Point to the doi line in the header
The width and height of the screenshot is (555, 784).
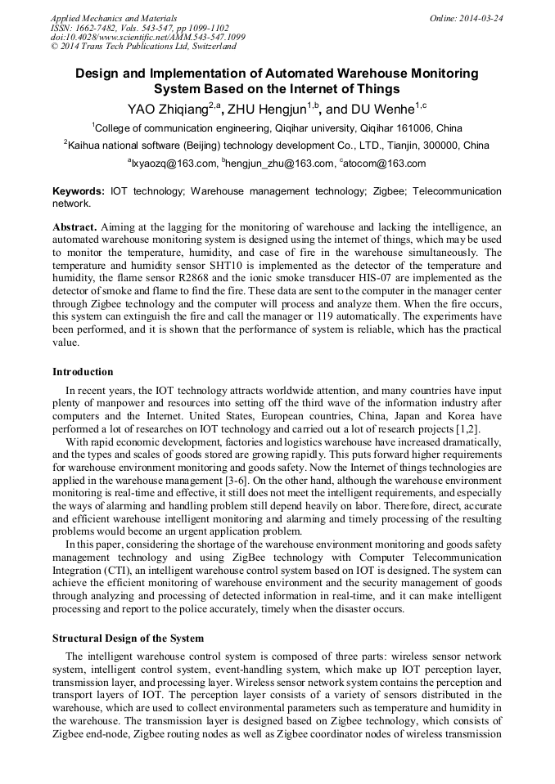click(147, 37)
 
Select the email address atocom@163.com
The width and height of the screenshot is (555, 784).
click(385, 164)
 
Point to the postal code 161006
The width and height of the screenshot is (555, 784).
click(414, 128)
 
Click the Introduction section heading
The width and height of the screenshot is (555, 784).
click(83, 372)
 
